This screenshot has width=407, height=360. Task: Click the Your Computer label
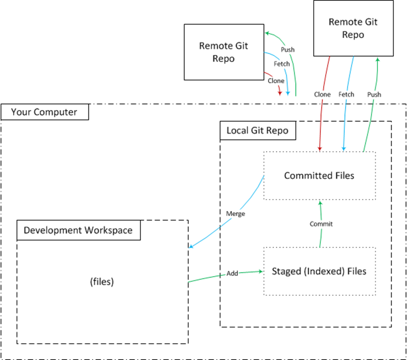[x=44, y=112]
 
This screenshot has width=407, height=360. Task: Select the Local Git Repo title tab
[x=258, y=130]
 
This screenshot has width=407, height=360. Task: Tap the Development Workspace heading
[x=78, y=230]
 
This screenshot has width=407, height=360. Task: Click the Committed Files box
[x=319, y=176]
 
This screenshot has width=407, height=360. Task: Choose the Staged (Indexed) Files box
[x=319, y=271]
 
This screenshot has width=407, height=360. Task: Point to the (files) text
[x=102, y=282]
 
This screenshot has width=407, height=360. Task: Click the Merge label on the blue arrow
[x=235, y=213]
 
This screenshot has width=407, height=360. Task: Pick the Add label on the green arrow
[x=232, y=273]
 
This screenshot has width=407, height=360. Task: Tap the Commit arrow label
[x=321, y=224]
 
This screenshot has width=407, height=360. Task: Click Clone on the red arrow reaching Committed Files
[x=322, y=94]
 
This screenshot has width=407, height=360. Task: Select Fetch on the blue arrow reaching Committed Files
[x=346, y=94]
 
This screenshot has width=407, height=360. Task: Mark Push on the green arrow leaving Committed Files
[x=374, y=94]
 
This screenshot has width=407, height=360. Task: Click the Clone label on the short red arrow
[x=276, y=81]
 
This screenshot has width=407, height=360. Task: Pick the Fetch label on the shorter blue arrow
[x=281, y=64]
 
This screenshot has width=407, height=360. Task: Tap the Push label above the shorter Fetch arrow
[x=287, y=50]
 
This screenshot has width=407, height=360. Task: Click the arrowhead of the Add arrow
[x=260, y=271]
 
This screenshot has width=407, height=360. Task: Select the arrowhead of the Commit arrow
[x=320, y=203]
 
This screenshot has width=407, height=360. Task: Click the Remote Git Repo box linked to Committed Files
[x=346, y=28]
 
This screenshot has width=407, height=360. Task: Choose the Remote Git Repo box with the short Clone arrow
[x=223, y=52]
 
